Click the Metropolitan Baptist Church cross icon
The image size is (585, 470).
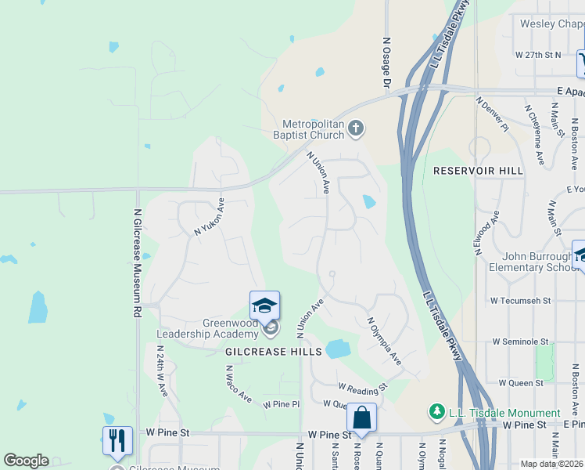click(x=356, y=128)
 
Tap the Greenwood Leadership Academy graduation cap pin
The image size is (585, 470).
click(x=264, y=305)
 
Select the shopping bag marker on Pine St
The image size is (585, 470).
click(x=362, y=418)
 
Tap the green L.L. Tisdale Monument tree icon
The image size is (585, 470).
click(x=437, y=412)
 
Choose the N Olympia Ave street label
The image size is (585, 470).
click(x=384, y=341)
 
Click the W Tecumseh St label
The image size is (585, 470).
click(x=520, y=300)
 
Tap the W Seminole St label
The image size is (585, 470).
click(x=522, y=342)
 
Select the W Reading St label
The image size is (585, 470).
click(x=363, y=387)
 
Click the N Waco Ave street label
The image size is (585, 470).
click(x=239, y=385)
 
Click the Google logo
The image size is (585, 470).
click(x=26, y=461)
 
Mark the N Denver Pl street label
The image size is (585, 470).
click(x=493, y=114)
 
